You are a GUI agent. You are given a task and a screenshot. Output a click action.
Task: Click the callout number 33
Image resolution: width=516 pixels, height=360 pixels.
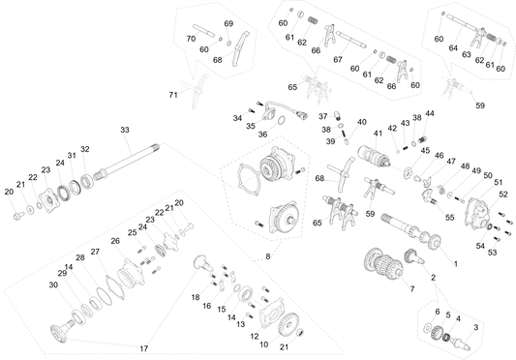125,130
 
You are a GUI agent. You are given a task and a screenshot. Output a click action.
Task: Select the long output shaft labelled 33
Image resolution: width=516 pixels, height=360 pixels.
126,162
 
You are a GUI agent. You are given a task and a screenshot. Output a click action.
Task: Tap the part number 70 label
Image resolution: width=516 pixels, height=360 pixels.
191,39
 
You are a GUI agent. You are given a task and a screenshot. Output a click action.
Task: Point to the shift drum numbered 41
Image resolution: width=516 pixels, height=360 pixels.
373,156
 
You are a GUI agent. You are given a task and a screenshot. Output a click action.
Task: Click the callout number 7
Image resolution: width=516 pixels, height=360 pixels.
412,289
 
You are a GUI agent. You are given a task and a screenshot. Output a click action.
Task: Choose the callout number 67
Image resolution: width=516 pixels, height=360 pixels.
338,60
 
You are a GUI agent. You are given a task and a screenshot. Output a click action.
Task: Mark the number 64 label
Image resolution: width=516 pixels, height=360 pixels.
453,48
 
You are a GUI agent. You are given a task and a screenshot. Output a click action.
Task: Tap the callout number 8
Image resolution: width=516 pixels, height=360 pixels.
268,256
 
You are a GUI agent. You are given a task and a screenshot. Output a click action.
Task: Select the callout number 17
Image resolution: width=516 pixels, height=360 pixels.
144,348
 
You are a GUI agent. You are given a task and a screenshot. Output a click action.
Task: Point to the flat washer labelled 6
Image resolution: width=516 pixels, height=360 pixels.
428,328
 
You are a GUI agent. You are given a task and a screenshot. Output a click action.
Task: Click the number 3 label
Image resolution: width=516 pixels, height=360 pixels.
476,327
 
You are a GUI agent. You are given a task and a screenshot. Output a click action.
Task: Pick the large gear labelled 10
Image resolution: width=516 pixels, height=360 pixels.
288,324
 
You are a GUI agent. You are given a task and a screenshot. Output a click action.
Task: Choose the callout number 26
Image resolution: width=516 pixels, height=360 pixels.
115,241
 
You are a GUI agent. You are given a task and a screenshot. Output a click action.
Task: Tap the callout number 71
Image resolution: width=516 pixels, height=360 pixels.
173,95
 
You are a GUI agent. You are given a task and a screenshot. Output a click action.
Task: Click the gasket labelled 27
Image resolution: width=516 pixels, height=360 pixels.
115,288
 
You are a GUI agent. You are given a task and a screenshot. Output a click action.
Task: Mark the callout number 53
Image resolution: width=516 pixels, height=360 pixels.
493,253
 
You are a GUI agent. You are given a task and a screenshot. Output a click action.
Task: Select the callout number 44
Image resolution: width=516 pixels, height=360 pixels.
430,113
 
